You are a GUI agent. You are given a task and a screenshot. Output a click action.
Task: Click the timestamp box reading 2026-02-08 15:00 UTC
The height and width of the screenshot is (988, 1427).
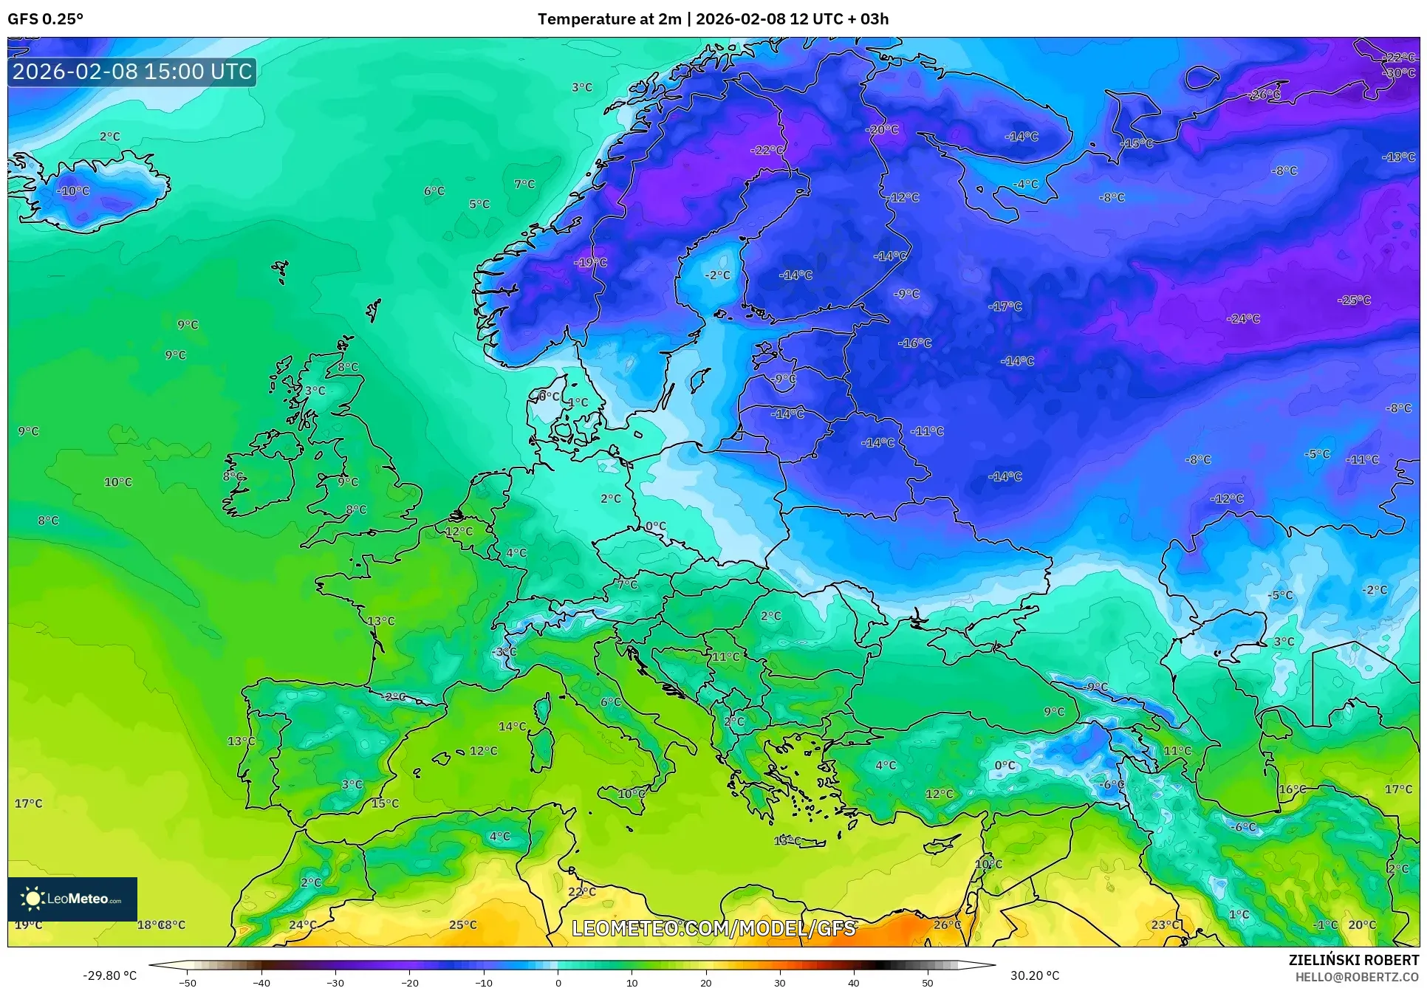point(132,72)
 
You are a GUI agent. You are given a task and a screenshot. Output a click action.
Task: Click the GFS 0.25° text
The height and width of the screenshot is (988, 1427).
point(45,19)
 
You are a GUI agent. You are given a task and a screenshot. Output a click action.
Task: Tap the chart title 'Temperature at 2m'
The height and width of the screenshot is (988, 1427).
point(609,19)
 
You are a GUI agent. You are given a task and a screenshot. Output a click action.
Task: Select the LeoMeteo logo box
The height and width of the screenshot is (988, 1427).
point(72,899)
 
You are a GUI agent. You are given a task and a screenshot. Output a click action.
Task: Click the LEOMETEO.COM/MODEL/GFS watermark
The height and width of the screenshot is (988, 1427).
point(713,928)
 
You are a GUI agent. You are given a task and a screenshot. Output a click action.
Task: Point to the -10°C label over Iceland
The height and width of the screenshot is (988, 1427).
point(73,191)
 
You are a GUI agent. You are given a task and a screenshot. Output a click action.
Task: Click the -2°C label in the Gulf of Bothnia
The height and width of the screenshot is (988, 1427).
point(717,275)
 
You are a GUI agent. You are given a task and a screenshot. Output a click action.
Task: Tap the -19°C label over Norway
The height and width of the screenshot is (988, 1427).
point(590,262)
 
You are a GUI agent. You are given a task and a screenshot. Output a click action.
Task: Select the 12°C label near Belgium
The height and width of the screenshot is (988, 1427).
point(459,531)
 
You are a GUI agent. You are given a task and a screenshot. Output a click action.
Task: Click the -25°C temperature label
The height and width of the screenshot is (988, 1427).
point(1354,300)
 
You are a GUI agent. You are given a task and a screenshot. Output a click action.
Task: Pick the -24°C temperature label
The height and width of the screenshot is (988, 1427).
point(1243,318)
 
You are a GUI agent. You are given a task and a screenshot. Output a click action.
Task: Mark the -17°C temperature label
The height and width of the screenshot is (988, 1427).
point(1005,306)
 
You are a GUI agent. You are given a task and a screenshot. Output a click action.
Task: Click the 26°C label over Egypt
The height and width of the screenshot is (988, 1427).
point(948,924)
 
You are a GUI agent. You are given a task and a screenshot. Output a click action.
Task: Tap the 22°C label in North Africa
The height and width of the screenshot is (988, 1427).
point(582,891)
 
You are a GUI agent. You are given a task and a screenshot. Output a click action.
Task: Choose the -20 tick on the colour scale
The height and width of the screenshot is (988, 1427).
point(409,982)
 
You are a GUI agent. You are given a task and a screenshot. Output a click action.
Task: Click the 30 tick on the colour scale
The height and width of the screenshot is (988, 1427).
point(779,982)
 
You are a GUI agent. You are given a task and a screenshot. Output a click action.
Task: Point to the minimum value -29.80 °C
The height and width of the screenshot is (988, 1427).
point(109,975)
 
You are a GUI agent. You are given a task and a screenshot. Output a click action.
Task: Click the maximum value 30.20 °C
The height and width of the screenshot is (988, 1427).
point(1035,975)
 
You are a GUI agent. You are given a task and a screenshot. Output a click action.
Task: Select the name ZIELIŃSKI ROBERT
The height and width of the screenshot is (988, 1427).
point(1354,960)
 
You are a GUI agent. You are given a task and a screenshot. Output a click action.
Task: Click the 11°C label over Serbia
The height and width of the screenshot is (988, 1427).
point(725,656)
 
